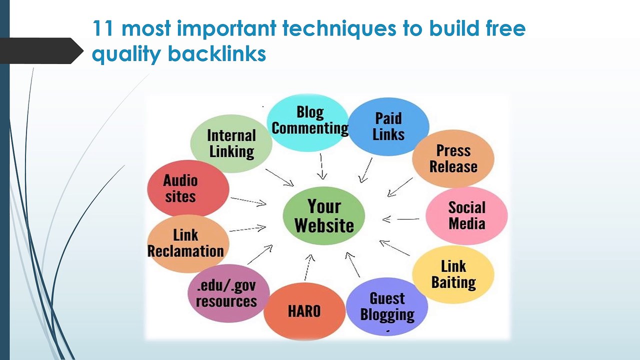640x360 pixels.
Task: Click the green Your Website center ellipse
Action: pos(324,215)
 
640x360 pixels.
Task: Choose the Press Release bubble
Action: pos(453,158)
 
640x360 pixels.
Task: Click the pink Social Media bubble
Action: pos(466,215)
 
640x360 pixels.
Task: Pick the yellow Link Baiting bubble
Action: pos(453,274)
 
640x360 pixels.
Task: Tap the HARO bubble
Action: pos(304,311)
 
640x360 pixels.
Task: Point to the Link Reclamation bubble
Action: pos(186,243)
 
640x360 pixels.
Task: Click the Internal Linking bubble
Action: pos(231,143)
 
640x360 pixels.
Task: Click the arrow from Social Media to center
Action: pos(400,219)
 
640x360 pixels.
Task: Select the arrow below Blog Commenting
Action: pos(322,166)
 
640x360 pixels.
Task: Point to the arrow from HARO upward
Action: pos(308,267)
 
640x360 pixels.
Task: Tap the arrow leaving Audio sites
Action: pos(248,201)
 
